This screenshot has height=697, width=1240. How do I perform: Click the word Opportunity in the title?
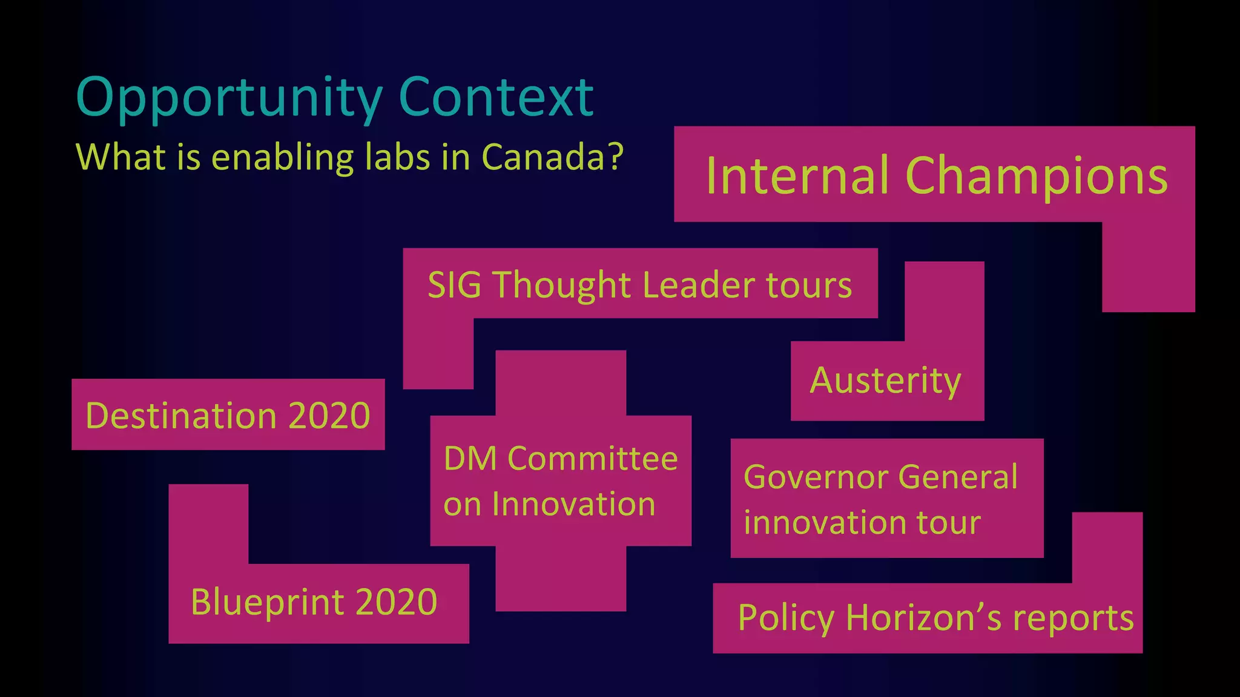[x=229, y=98]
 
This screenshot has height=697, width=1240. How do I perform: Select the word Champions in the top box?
[x=1036, y=177]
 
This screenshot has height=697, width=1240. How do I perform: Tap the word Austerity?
[x=885, y=381]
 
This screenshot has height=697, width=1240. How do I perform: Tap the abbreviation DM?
[x=470, y=459]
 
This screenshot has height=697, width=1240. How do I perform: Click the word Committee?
[x=592, y=459]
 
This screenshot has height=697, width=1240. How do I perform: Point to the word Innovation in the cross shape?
[x=573, y=504]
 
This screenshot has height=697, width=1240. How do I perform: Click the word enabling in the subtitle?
[x=282, y=159]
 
